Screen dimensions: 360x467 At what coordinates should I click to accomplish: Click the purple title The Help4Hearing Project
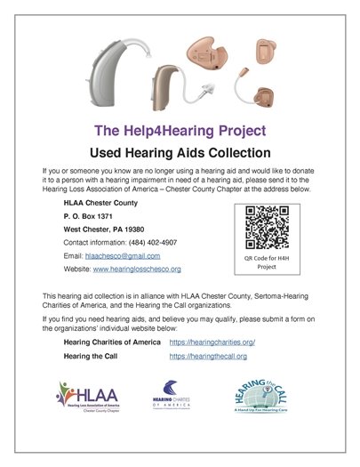click(x=179, y=128)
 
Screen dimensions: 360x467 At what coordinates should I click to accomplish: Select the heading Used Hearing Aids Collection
click(x=179, y=150)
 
